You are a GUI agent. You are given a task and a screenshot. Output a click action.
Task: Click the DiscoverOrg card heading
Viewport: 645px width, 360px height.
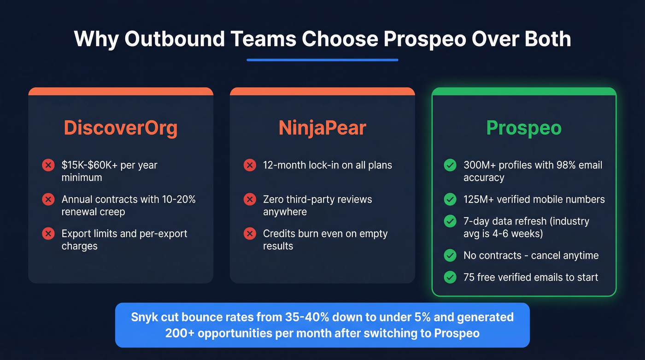(x=120, y=128)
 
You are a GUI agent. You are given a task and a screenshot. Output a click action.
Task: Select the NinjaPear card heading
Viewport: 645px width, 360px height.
(x=322, y=128)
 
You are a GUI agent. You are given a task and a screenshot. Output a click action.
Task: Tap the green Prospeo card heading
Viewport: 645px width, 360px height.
(x=524, y=128)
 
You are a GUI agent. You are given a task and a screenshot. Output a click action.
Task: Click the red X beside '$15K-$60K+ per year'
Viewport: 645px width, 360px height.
(x=48, y=165)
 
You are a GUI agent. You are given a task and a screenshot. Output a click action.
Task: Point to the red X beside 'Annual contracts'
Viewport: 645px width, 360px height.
(x=48, y=200)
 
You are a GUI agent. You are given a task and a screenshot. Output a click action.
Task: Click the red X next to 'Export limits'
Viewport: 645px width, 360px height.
(x=48, y=234)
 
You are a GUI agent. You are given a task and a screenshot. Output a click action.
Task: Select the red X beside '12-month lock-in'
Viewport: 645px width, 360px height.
(x=249, y=165)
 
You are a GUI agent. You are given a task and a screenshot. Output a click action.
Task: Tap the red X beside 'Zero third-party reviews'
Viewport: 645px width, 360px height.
(x=249, y=200)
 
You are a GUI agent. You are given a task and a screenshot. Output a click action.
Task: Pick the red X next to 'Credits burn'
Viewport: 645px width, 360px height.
(x=249, y=234)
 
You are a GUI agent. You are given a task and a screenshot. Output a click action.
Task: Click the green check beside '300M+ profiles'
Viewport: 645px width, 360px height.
(x=450, y=165)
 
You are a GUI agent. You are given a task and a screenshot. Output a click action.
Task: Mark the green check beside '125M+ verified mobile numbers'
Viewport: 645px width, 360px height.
(x=450, y=200)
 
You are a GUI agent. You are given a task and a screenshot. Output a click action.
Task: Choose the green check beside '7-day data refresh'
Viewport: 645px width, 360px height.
(x=450, y=221)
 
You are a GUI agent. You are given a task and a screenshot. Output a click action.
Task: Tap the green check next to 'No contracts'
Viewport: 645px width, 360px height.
(x=450, y=255)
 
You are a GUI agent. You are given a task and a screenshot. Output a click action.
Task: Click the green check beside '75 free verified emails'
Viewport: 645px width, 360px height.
(x=450, y=277)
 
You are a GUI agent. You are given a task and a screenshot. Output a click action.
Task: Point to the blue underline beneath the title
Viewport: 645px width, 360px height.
(x=322, y=60)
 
